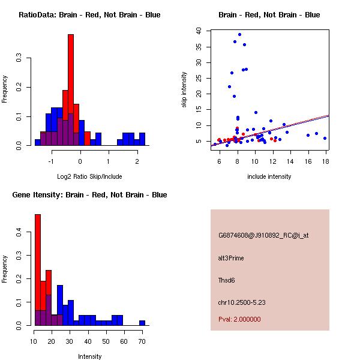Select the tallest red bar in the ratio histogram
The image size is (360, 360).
coord(70,90)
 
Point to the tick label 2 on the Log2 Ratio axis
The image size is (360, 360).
coord(137,161)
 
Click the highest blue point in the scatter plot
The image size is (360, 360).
coord(239,34)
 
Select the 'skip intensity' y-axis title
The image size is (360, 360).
coord(185,90)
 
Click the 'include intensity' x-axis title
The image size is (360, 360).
coord(269,176)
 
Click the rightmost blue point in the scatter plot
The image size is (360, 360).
coord(325,138)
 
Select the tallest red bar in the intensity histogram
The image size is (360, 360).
coord(37,270)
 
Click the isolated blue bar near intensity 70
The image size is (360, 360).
coord(142,323)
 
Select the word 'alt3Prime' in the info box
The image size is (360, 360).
coord(231,258)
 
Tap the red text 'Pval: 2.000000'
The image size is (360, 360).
coord(239,319)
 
